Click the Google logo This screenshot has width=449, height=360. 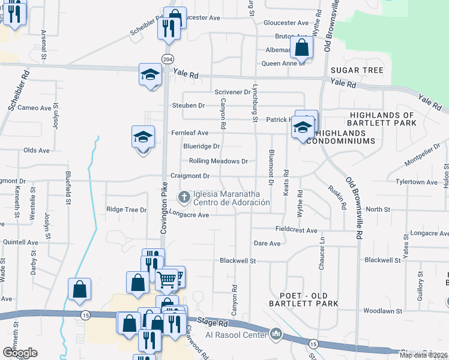point(20,352)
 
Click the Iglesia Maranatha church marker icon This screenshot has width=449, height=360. point(184,197)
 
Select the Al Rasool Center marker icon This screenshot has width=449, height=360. point(276,334)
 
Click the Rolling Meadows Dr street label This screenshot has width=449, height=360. point(218,161)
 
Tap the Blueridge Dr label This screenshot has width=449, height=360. point(201,146)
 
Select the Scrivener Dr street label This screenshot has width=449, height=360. point(232,92)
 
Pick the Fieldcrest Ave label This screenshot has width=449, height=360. point(296,230)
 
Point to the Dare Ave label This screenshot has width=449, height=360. point(267,244)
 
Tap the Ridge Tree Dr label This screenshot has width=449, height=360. point(126,210)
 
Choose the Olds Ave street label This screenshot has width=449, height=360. point(37,151)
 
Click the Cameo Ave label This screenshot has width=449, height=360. point(34,108)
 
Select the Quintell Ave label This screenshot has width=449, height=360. point(20,242)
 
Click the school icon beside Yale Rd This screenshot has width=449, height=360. point(150,74)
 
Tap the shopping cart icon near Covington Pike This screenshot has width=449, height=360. point(167,278)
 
